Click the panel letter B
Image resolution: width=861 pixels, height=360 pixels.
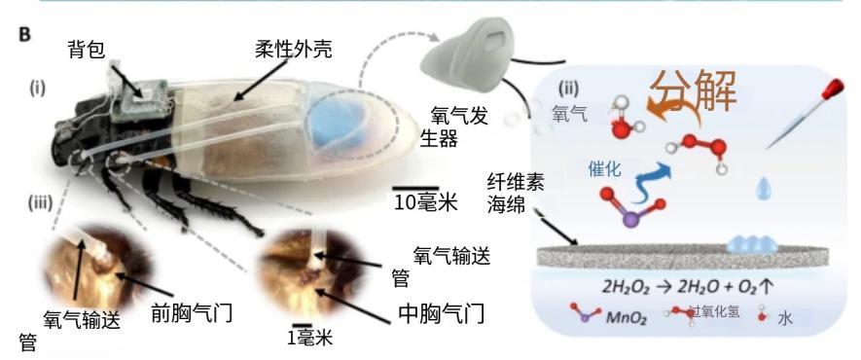[x=24, y=34]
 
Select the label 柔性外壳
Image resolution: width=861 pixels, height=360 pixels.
[x=294, y=50]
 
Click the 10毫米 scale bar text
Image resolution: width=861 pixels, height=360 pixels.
[x=425, y=203]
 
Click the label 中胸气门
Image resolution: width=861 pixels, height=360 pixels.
[x=442, y=313]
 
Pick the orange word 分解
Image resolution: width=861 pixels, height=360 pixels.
[x=694, y=91]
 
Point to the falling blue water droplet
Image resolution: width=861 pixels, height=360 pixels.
[x=764, y=188]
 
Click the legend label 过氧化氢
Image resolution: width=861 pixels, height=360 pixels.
[x=714, y=311]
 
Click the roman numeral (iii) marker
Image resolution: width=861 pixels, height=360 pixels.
[x=41, y=203]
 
